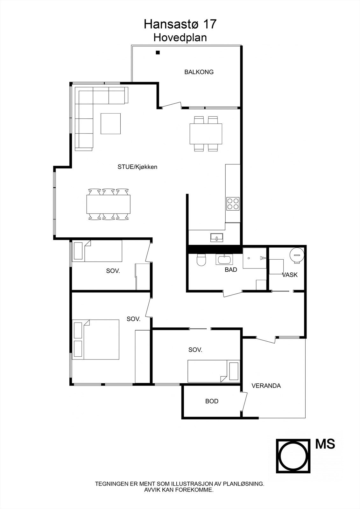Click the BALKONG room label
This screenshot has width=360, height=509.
point(199,72)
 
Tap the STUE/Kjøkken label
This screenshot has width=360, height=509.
point(138,167)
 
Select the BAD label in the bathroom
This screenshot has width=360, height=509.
point(231,270)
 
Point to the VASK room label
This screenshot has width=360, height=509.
point(290,275)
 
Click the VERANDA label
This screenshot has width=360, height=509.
point(266,386)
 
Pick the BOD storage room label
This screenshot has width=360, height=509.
point(212,401)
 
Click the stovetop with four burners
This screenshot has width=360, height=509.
point(233,204)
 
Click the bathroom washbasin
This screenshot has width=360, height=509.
point(225,259)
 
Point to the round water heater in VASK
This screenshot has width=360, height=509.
point(297,255)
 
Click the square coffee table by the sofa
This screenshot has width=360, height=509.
point(111,123)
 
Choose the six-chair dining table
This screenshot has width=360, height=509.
point(109,204)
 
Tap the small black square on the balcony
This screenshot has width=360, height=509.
point(158,53)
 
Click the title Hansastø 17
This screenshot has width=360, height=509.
point(180,24)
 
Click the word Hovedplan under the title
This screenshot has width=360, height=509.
point(180,38)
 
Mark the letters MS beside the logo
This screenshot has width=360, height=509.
point(325,444)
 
